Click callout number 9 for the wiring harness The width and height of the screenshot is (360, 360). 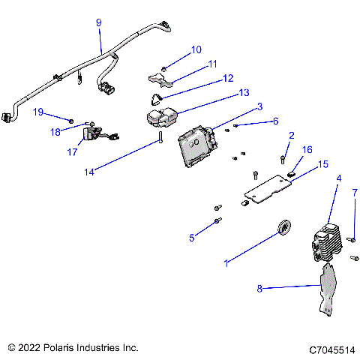pyautogui.click(x=99, y=23)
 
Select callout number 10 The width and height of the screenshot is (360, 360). pyautogui.click(x=196, y=50)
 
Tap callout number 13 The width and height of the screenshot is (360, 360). pyautogui.click(x=243, y=93)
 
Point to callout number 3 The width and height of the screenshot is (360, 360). pyautogui.click(x=259, y=106)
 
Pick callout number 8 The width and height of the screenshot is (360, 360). pyautogui.click(x=260, y=287)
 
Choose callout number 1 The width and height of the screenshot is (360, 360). pyautogui.click(x=226, y=264)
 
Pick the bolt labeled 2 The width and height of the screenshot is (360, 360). pyautogui.click(x=282, y=159)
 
